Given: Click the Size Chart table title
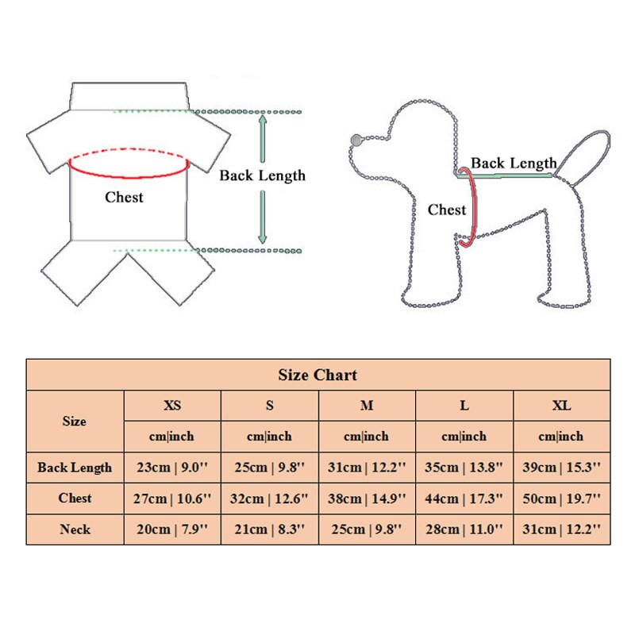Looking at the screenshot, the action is pyautogui.click(x=317, y=375).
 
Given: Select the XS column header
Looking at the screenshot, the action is pyautogui.click(x=172, y=406).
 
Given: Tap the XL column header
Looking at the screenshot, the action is pyautogui.click(x=561, y=406).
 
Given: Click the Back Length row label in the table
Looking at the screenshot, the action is pyautogui.click(x=75, y=468).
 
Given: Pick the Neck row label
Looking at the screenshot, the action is pyautogui.click(x=75, y=529).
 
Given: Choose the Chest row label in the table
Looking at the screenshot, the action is pyautogui.click(x=75, y=498).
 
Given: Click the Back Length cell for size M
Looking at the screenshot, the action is pyautogui.click(x=367, y=468).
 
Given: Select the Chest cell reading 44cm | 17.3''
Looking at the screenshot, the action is pyautogui.click(x=464, y=498).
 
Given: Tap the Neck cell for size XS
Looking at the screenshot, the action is pyautogui.click(x=172, y=529).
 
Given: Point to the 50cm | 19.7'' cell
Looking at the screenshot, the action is pyautogui.click(x=561, y=498).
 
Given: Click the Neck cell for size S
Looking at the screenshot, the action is pyautogui.click(x=269, y=529).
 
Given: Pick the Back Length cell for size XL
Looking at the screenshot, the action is pyautogui.click(x=561, y=468).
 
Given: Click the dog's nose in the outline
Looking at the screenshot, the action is pyautogui.click(x=356, y=140).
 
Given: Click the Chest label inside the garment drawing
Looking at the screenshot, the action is pyautogui.click(x=124, y=197).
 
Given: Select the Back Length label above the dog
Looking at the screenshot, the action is pyautogui.click(x=514, y=164).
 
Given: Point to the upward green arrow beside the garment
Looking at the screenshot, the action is pyautogui.click(x=263, y=138).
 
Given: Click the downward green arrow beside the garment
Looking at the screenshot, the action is pyautogui.click(x=263, y=217).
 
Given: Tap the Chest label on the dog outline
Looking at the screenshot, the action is pyautogui.click(x=447, y=210).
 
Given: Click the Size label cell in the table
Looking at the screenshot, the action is pyautogui.click(x=75, y=421).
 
